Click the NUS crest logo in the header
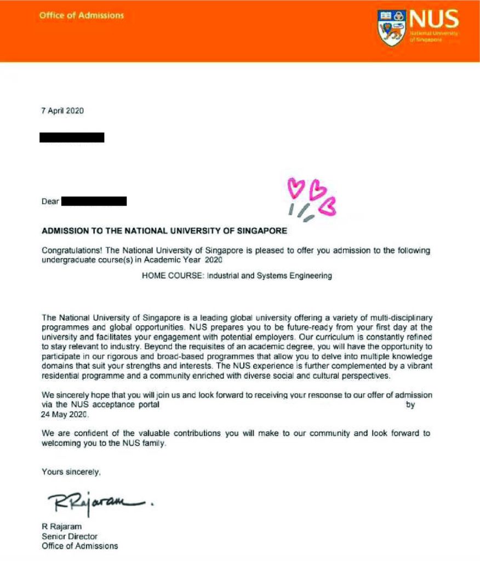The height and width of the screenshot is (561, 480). [x=391, y=27]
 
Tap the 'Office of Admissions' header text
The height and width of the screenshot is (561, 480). [x=82, y=15]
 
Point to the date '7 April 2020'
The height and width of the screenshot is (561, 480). [x=63, y=111]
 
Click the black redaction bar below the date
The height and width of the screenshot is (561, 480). [x=72, y=138]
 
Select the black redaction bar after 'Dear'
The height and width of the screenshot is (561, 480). [x=94, y=202]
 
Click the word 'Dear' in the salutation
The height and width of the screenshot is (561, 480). [x=50, y=202]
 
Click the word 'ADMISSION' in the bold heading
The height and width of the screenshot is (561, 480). [x=65, y=231]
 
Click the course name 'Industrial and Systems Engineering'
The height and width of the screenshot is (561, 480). [x=270, y=276]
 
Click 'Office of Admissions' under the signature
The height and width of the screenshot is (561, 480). [x=80, y=546]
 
